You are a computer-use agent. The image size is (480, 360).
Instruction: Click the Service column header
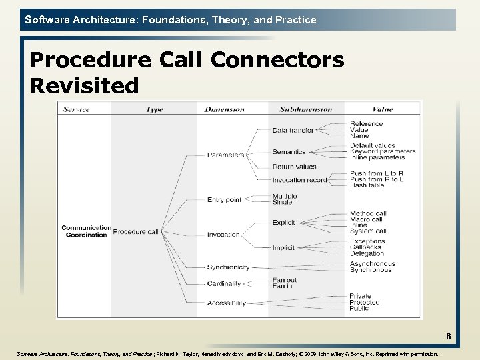coord(76,109)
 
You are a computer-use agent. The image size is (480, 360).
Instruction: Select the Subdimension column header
coord(305,109)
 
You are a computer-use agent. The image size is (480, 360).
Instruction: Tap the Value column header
coord(383,109)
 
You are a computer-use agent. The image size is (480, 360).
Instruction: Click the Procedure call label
coord(135,232)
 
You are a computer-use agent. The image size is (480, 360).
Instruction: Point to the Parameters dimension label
coord(225,155)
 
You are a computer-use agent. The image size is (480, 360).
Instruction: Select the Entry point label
coord(224,200)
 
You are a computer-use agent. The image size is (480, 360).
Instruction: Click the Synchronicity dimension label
coord(228,267)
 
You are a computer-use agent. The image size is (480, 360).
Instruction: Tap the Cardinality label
coord(224,284)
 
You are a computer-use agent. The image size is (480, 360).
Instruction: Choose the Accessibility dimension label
coord(226,303)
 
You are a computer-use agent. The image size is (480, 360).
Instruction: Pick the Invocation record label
coord(299,180)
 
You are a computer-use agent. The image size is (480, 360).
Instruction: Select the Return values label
coord(294,167)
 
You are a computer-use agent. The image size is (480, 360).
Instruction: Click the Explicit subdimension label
coord(283,223)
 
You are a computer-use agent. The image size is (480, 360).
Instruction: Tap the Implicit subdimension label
coord(283,248)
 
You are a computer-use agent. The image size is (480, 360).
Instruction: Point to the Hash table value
coord(367,186)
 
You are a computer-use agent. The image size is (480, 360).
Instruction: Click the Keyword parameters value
coord(383,151)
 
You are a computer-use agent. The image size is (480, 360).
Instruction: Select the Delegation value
coord(367,253)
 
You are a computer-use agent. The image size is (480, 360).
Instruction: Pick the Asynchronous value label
coord(372,264)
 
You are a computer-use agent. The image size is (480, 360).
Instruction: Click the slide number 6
coord(449,337)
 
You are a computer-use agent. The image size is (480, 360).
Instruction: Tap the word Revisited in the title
coord(84,85)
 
